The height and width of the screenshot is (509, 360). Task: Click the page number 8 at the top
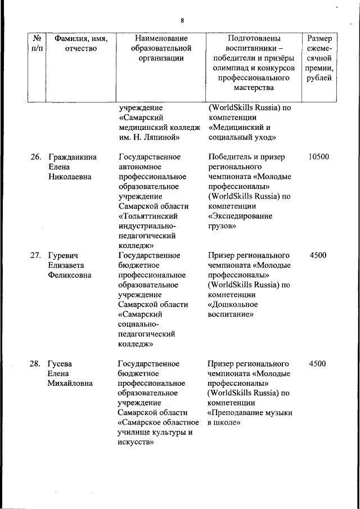[182, 21]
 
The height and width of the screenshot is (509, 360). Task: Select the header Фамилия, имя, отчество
[81, 43]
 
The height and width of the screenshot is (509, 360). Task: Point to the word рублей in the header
[319, 78]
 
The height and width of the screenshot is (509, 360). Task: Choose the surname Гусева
[61, 363]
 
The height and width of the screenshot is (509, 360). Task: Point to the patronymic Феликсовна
[70, 275]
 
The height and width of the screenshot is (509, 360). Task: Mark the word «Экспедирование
[240, 216]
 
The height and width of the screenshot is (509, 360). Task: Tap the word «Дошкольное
[233, 304]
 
